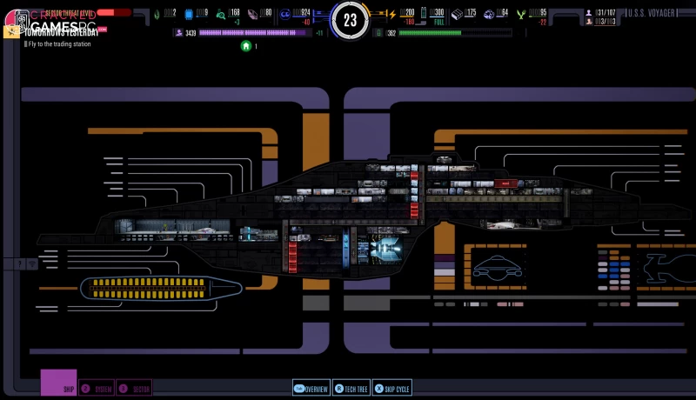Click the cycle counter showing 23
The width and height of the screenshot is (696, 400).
pyautogui.click(x=350, y=20)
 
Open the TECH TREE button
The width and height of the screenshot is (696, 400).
pyautogui.click(x=351, y=389)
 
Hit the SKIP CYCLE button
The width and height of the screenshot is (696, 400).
pyautogui.click(x=391, y=389)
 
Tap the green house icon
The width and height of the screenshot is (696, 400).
pyautogui.click(x=246, y=45)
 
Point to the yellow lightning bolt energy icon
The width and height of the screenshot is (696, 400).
pyautogui.click(x=391, y=13)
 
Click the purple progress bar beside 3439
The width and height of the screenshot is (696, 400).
pyautogui.click(x=254, y=33)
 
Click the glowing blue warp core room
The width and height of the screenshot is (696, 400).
pyautogui.click(x=383, y=249)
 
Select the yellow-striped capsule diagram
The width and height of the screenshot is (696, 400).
pyautogui.click(x=152, y=287)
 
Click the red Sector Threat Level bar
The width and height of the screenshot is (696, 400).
pyautogui.click(x=113, y=13)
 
